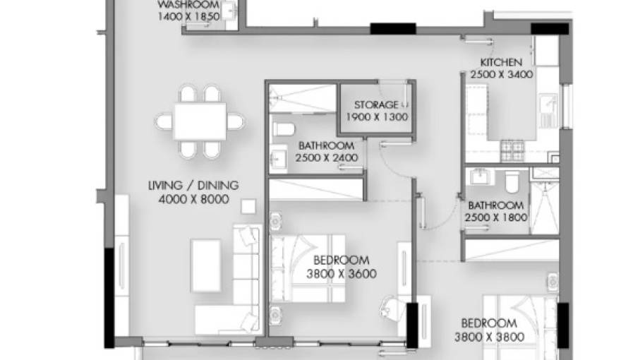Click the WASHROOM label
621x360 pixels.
(x=188, y=4)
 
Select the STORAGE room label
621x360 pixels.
(x=376, y=105)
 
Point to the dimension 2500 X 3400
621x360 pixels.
(x=502, y=74)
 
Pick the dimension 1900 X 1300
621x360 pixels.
(x=377, y=117)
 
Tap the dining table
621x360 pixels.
(x=200, y=121)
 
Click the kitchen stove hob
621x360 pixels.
(x=512, y=148)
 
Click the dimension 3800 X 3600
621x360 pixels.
(x=342, y=273)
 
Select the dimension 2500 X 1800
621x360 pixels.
(x=496, y=217)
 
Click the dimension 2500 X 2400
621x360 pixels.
(x=327, y=157)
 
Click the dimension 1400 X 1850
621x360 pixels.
(x=188, y=16)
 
